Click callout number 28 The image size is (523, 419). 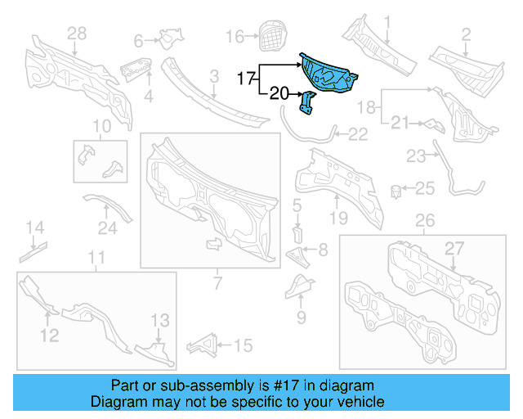click(x=76, y=34)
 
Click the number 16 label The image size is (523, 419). click(x=235, y=36)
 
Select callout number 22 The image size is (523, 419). click(x=358, y=133)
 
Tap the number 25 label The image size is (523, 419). click(x=425, y=189)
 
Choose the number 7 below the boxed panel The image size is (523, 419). click(x=217, y=283)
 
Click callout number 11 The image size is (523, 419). click(x=96, y=259)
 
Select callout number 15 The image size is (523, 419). click(x=243, y=346)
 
